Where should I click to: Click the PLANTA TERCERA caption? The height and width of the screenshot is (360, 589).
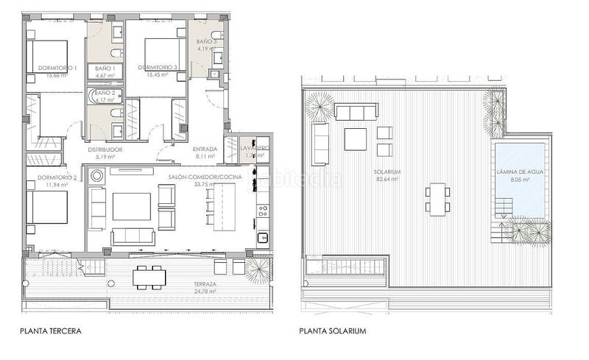51,331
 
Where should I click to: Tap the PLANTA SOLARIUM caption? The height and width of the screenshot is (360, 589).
333,331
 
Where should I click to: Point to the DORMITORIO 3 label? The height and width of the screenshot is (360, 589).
158,68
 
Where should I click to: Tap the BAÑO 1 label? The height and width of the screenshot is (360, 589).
104,68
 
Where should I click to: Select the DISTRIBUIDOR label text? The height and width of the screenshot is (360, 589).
105,149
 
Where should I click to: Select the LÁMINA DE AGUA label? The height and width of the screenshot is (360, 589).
520,172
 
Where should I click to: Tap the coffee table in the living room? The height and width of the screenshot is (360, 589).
131,206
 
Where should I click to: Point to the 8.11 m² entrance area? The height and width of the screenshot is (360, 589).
204,156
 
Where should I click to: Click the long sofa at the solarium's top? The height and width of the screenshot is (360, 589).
356,112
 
